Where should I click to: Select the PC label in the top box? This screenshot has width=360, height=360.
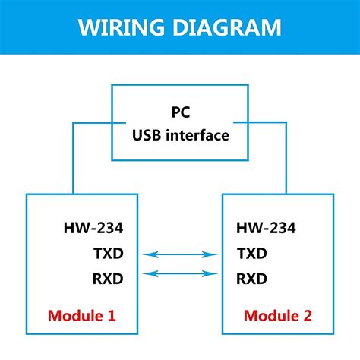(x=180, y=112)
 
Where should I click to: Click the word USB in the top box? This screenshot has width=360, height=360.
(x=148, y=136)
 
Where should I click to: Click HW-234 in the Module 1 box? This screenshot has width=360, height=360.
(x=93, y=229)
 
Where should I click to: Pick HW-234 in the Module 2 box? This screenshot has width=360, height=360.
(x=266, y=229)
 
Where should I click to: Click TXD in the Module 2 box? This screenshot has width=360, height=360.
(x=252, y=254)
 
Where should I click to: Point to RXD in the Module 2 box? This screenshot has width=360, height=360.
(x=252, y=279)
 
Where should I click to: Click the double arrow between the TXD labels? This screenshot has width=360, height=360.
(x=180, y=255)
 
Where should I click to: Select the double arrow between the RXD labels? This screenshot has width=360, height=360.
(x=180, y=274)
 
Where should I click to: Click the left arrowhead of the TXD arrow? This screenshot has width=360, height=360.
(x=149, y=255)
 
